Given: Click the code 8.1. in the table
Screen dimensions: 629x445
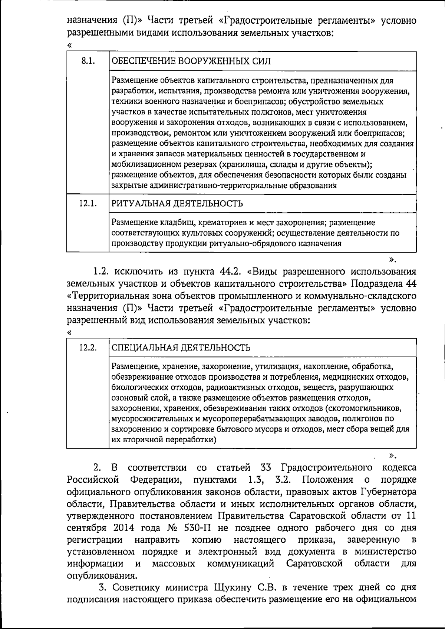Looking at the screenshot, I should pos(88,61).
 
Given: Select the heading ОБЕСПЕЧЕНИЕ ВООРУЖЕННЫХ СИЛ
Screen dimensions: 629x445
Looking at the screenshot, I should pos(191,61).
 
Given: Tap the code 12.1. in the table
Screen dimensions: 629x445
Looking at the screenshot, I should pos(88,204).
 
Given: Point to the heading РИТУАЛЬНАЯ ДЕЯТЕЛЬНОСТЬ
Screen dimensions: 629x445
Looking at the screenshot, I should pos(177,204).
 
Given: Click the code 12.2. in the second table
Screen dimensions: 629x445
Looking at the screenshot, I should pos(88,348).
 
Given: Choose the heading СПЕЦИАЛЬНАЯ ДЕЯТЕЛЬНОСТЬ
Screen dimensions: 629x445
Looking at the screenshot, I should pos(181,348).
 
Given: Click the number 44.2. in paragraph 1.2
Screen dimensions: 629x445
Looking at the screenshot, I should pos(232,272).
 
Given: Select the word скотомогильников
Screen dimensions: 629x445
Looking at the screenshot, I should pos(369,409).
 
